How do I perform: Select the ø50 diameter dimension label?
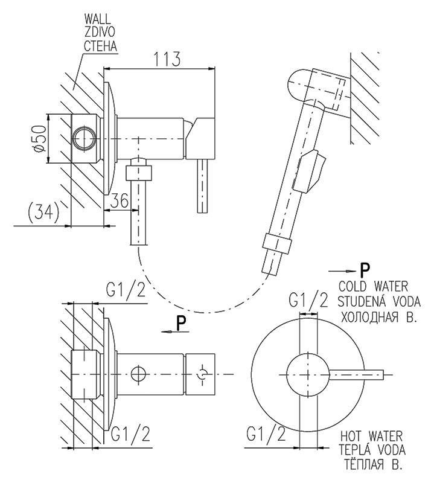39,139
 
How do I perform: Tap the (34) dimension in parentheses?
43,211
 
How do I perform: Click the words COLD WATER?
373,286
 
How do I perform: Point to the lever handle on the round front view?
357,374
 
